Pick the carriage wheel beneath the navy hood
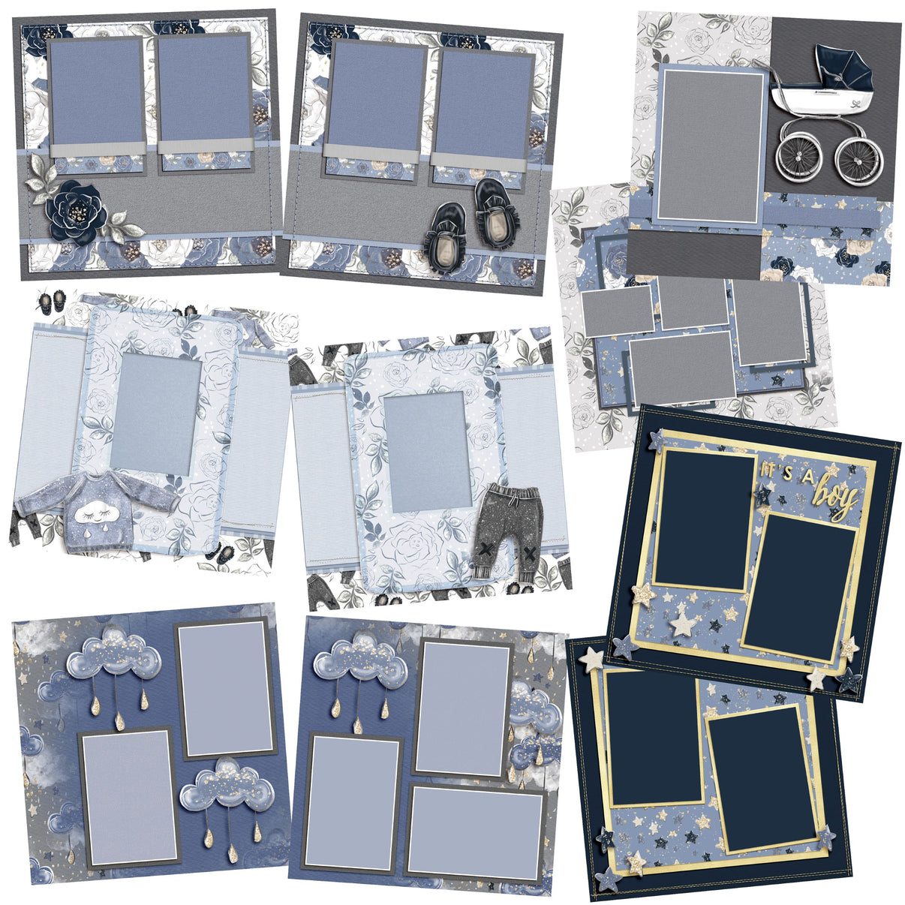pyautogui.click(x=853, y=158)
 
